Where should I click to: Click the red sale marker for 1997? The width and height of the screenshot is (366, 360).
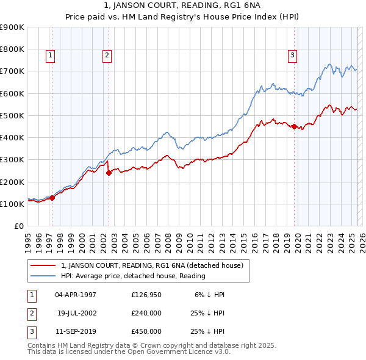tap(52, 197)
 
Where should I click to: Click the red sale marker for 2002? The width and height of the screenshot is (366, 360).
tap(109, 173)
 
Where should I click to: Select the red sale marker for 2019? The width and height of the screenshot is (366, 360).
tap(294, 127)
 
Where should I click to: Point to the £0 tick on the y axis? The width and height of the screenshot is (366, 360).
tap(19, 226)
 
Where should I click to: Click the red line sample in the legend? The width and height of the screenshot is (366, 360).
tap(43, 266)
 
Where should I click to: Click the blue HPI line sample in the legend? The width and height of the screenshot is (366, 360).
tap(43, 276)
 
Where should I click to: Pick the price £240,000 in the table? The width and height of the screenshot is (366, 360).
tap(146, 313)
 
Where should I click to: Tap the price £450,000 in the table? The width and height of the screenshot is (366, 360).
tap(146, 331)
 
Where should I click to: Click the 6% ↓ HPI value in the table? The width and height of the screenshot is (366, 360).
tap(210, 295)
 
